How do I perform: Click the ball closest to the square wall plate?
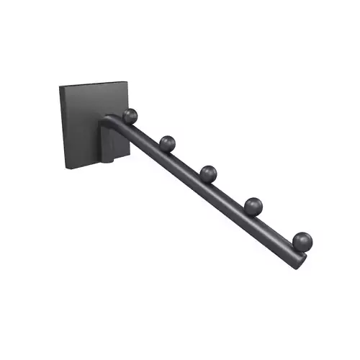130,115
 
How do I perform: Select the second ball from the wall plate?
168,143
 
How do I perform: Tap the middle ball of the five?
209,174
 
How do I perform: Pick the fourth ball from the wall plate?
253,206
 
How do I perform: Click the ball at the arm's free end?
302,240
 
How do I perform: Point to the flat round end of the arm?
297,258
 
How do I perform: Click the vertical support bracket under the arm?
110,144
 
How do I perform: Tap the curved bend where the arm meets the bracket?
109,120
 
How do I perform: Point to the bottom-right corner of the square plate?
127,153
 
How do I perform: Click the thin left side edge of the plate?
62,128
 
